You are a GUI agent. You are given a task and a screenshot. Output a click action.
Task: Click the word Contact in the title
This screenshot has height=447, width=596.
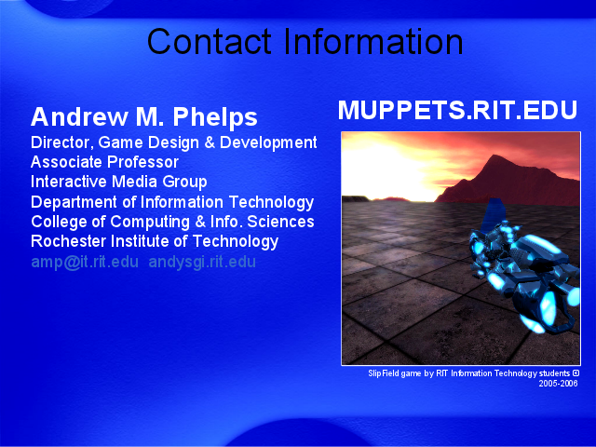[x=209, y=41]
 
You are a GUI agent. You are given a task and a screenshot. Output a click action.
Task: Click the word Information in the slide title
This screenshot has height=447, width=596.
[x=373, y=41]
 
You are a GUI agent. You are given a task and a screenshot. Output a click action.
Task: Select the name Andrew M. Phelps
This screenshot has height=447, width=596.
[x=144, y=116]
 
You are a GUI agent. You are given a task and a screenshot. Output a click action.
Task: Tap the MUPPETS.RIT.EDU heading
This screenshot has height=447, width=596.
[x=457, y=110]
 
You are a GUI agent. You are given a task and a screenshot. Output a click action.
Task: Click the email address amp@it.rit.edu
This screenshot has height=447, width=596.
[x=85, y=262]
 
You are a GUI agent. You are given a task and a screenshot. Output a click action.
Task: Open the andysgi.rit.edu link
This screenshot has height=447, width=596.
[x=202, y=263]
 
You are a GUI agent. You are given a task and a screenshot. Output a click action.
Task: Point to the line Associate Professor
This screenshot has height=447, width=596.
[x=104, y=162]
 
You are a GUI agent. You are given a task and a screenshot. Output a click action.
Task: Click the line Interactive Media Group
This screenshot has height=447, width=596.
[x=119, y=182]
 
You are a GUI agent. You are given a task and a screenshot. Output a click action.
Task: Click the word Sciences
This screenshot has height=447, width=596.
[x=280, y=222]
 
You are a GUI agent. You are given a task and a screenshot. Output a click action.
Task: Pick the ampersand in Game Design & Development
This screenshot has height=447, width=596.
[x=210, y=142]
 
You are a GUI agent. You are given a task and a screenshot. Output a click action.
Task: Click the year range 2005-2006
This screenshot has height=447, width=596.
[x=558, y=383]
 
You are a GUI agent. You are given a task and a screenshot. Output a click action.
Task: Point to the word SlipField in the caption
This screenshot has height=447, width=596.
[x=384, y=373]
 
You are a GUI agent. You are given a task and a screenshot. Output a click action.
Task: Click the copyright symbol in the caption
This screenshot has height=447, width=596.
[x=576, y=373]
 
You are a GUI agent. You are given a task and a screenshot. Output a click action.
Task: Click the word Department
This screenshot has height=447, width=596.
[x=74, y=202]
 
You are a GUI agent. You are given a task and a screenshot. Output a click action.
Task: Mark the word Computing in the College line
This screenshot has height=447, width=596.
[x=150, y=222]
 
